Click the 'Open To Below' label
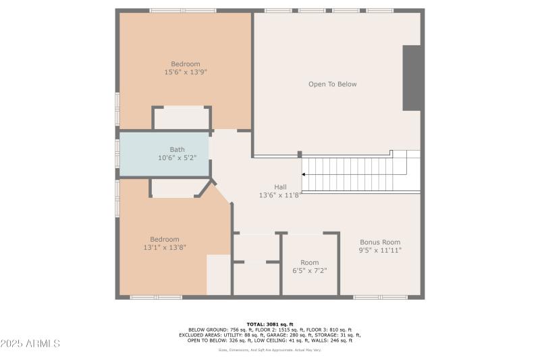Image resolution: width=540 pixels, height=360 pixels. (x=332, y=84)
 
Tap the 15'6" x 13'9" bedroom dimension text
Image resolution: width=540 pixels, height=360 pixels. (x=185, y=72)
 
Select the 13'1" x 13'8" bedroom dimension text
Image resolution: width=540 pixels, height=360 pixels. (x=164, y=248)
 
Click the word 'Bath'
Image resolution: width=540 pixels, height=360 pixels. (x=177, y=150)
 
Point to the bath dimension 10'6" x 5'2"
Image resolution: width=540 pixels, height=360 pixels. (x=177, y=158)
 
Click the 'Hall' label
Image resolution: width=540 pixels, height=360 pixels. (x=279, y=187)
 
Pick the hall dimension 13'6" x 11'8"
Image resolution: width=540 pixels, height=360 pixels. (x=279, y=195)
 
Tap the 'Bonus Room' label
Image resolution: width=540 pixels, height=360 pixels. (x=380, y=242)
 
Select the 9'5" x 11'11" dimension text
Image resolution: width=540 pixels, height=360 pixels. (x=380, y=250)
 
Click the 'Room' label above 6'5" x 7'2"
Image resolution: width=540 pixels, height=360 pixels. (x=309, y=263)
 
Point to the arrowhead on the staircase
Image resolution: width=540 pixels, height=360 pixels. (x=304, y=174)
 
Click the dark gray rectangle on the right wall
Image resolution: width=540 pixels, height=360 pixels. (x=412, y=78)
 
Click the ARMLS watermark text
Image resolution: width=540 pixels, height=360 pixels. (x=30, y=344)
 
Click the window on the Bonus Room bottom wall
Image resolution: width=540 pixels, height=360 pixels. (x=380, y=297)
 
